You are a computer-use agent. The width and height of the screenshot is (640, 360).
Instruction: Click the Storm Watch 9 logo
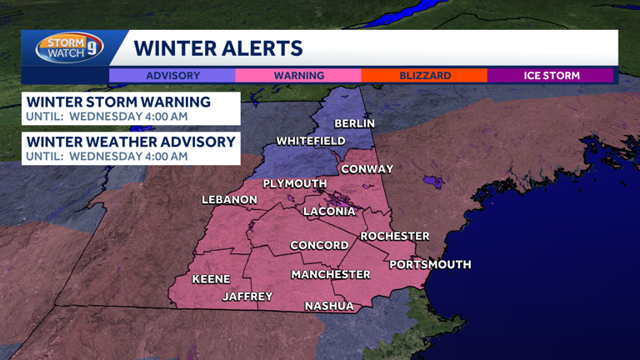tap(69, 47)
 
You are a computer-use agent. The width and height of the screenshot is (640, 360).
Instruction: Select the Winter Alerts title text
tap(218, 48)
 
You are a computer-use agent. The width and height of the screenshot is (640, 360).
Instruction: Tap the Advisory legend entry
tap(172, 76)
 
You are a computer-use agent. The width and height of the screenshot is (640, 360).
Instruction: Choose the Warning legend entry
tap(299, 76)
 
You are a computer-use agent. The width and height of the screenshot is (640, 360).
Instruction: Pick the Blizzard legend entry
tap(425, 76)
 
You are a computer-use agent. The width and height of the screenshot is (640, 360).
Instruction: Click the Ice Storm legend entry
tap(551, 76)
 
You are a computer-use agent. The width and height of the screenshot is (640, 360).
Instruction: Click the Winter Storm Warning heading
tap(118, 102)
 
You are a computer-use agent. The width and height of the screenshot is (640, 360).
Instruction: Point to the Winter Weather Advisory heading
tap(131, 142)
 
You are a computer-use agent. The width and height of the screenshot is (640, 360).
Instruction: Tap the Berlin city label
tap(354, 123)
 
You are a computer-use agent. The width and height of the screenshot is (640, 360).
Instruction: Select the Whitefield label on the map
tap(310, 141)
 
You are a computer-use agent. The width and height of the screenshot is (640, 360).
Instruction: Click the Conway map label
tap(367, 169)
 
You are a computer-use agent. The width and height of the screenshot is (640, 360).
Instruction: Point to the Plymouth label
tap(295, 183)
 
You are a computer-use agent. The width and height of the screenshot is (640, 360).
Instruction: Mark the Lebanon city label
tap(229, 200)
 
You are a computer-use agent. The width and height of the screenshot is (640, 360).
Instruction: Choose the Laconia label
tap(329, 212)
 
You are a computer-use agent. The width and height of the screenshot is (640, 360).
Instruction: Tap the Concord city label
tap(319, 245)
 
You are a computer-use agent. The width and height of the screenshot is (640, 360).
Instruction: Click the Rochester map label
tap(394, 236)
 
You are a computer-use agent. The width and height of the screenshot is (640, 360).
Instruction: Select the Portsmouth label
tap(430, 264)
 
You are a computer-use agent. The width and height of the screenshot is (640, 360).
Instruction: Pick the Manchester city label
tap(330, 274)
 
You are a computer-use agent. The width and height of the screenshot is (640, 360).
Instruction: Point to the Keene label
tap(211, 279)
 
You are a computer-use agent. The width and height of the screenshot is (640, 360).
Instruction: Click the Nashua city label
tap(329, 306)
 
